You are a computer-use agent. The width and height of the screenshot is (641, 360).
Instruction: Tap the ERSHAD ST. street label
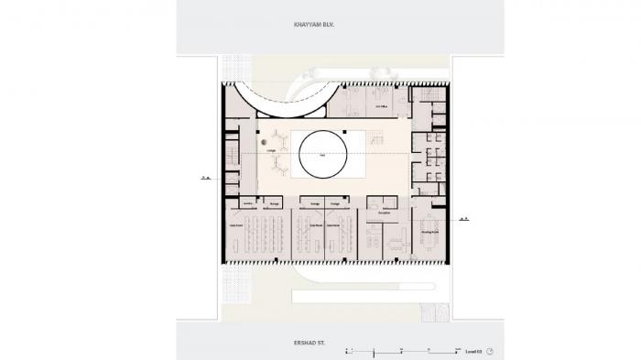316,342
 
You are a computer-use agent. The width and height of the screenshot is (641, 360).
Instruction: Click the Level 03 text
473,350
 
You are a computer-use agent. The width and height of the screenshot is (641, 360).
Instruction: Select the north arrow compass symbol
490,350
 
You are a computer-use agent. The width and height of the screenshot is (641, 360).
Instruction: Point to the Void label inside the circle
321,157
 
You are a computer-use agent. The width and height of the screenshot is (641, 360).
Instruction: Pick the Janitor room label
248,203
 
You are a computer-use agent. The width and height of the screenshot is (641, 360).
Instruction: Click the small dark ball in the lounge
263,144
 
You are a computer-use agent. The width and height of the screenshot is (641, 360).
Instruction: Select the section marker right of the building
463,218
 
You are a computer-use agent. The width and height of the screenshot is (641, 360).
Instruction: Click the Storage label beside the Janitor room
274,203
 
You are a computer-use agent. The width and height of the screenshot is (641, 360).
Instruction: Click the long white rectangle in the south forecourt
354,297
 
